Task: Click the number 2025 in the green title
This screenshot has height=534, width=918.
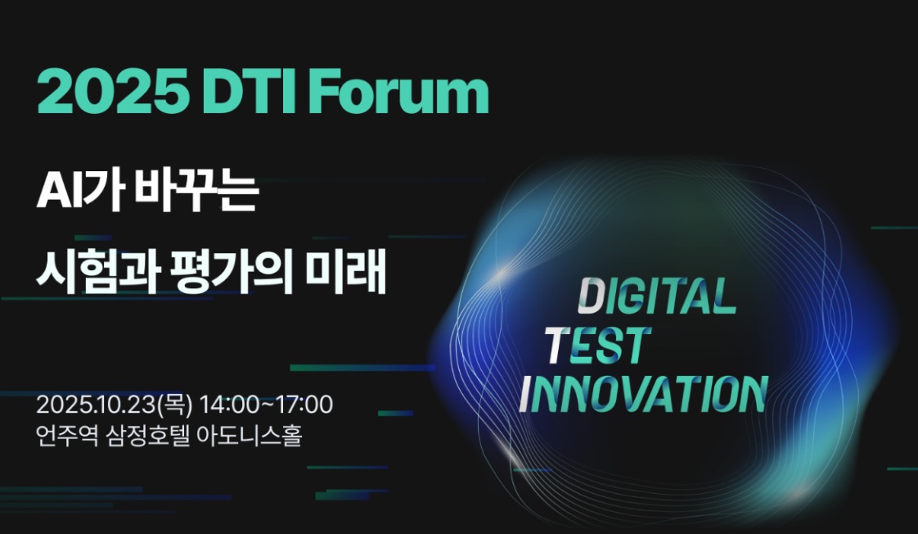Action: click(x=112, y=92)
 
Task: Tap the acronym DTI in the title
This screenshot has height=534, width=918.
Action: click(x=250, y=92)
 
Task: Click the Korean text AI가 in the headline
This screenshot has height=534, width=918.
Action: click(x=79, y=192)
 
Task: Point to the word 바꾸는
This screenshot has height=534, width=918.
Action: click(x=196, y=192)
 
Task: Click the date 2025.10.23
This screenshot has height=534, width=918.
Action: click(x=96, y=405)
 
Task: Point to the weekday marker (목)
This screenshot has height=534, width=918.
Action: click(x=174, y=405)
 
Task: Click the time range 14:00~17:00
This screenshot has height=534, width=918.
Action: click(x=267, y=405)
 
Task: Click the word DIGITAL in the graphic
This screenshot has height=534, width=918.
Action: click(x=656, y=295)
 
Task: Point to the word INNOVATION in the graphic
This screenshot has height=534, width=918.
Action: click(x=643, y=394)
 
